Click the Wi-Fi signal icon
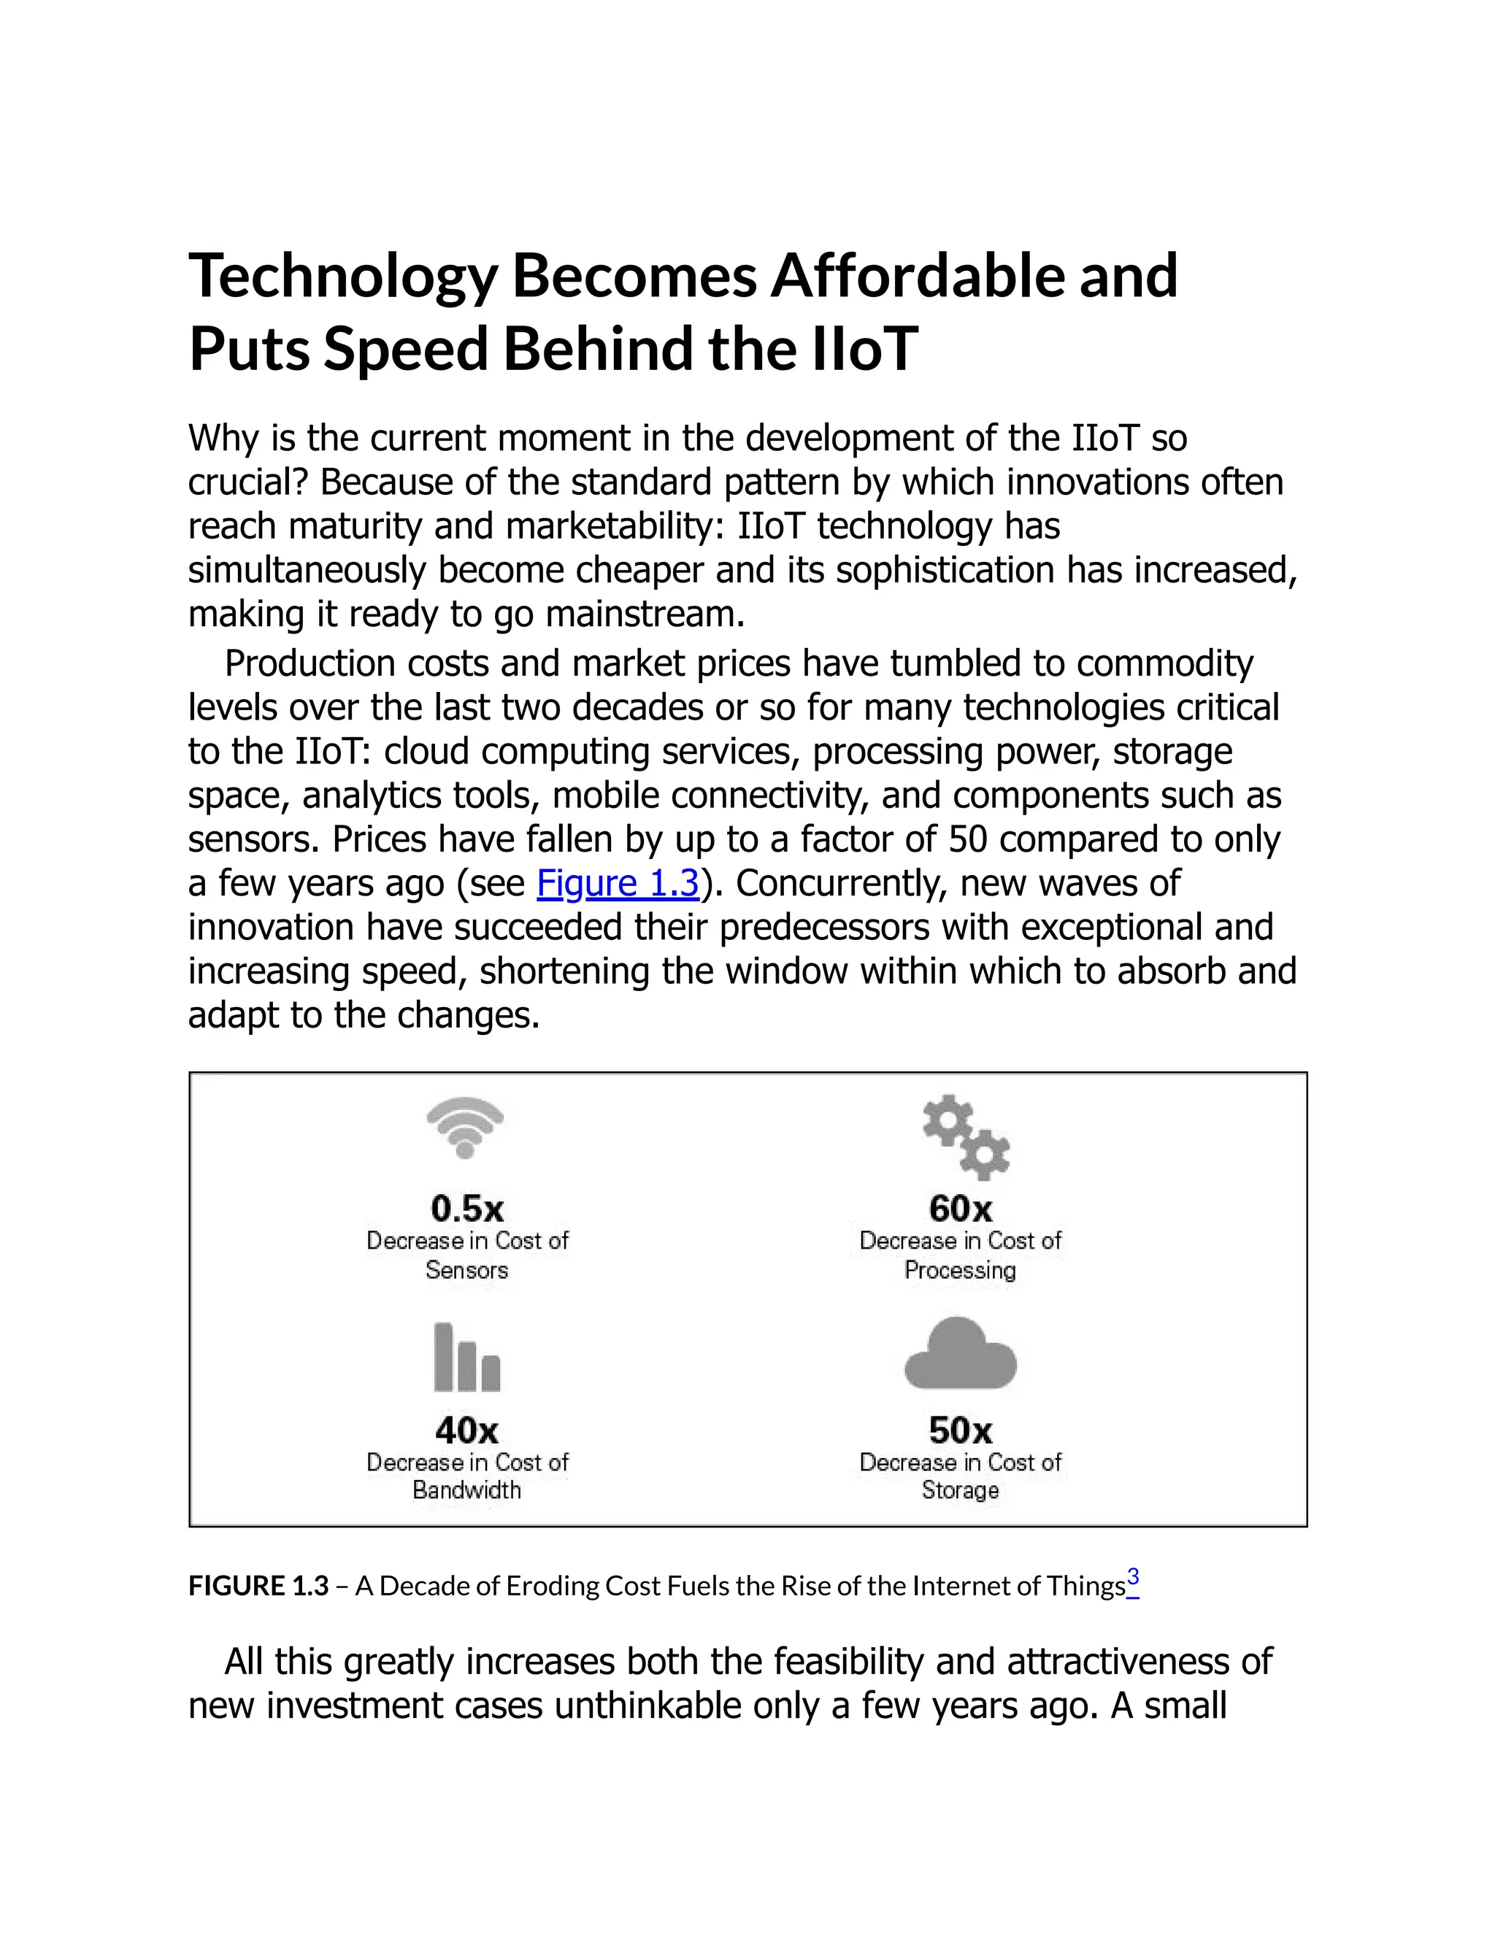465,1126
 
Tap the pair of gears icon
965,1137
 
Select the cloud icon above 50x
960,1354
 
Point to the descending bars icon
466,1357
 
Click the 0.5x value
466,1208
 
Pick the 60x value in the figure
960,1208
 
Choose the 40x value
466,1429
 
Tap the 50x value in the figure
960,1429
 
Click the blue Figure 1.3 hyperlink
618,883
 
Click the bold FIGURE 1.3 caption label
258,1585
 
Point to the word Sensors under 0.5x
466,1270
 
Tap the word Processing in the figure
960,1270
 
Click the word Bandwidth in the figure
466,1490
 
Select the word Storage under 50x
960,1490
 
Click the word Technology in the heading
344,277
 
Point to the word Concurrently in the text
842,883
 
